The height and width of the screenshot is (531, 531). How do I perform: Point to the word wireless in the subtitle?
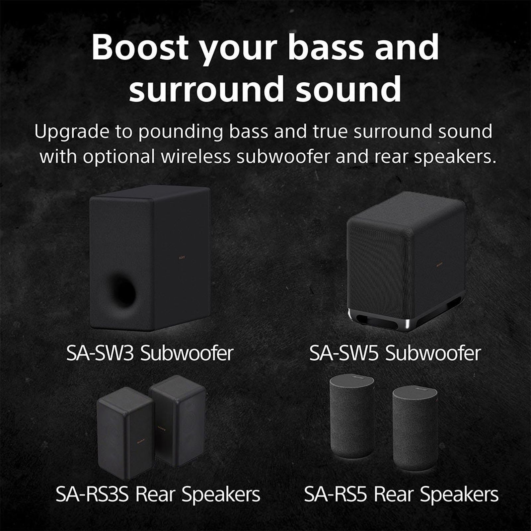coord(195,157)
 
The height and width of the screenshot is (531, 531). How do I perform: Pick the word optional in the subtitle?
coord(119,157)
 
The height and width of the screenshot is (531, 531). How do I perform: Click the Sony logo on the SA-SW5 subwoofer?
coord(439,265)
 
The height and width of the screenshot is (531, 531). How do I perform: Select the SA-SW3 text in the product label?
coord(100,353)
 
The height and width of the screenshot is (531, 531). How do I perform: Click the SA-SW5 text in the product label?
coord(344,353)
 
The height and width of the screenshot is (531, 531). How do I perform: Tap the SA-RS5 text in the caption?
coord(336,495)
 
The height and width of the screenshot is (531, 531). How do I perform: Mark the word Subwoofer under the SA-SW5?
coord(433,353)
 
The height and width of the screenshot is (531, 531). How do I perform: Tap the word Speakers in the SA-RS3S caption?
coord(221,495)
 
